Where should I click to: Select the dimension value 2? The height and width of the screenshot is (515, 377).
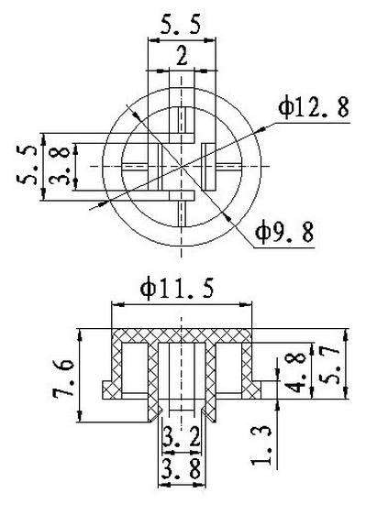tap(182, 55)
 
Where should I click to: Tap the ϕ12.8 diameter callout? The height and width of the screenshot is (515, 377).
tap(314, 108)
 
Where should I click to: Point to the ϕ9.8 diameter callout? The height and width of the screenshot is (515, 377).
tap(284, 232)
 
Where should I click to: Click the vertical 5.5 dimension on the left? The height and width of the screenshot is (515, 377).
tap(27, 166)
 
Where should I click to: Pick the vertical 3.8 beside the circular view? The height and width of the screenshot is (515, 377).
tap(59, 166)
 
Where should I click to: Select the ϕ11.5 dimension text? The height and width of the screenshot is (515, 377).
tap(177, 288)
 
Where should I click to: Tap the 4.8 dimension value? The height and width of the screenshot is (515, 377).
tap(297, 374)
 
